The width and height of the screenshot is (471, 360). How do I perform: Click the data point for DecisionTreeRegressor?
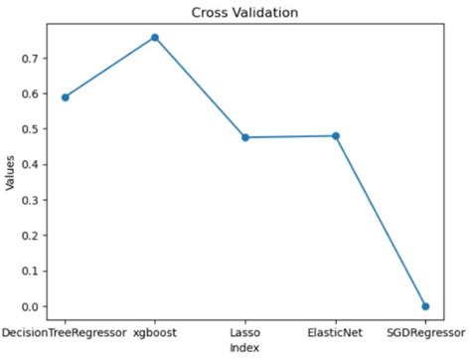[x=65, y=97]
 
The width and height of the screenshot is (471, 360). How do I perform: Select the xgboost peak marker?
[x=155, y=38]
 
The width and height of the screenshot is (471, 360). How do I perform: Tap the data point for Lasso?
[x=245, y=137]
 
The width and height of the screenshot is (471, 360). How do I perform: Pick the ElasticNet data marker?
[x=336, y=135]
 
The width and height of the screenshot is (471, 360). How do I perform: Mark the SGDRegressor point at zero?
[x=425, y=306]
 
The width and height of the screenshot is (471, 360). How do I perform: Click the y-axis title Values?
[x=9, y=172]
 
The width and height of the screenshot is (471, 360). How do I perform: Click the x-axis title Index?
[x=244, y=348]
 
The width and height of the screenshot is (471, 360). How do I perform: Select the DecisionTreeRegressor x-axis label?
[x=65, y=331]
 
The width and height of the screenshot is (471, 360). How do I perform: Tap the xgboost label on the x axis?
[x=155, y=331]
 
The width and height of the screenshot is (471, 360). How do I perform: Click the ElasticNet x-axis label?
[x=336, y=331]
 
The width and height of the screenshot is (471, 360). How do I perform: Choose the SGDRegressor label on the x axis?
[x=425, y=331]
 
